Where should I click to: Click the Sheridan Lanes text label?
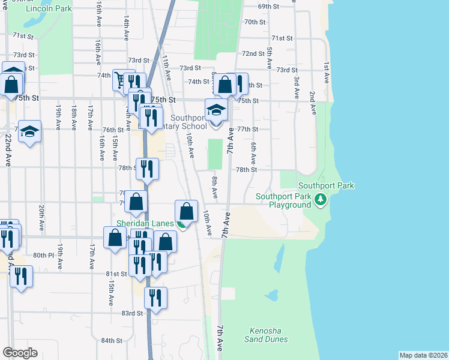145,223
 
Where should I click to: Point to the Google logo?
20,353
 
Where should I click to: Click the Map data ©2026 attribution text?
423,355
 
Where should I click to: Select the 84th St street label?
111,340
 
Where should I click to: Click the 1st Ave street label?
326,72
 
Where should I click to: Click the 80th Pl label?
43,255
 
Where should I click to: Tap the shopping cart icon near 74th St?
120,80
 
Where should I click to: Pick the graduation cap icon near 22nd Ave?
29,131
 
